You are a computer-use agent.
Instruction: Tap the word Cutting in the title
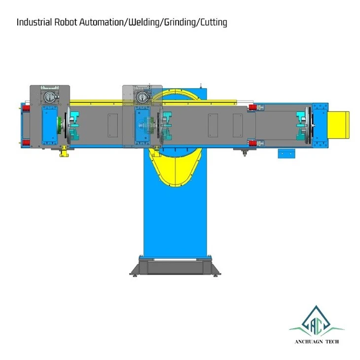(214, 23)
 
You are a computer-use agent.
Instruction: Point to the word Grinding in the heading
(180, 23)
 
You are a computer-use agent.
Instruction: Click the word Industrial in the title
(34, 22)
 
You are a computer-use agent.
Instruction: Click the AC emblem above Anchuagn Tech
(317, 321)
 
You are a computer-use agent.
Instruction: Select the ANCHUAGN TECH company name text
(317, 342)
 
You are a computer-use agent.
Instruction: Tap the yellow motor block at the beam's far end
(338, 125)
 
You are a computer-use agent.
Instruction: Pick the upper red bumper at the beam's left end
(26, 108)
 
